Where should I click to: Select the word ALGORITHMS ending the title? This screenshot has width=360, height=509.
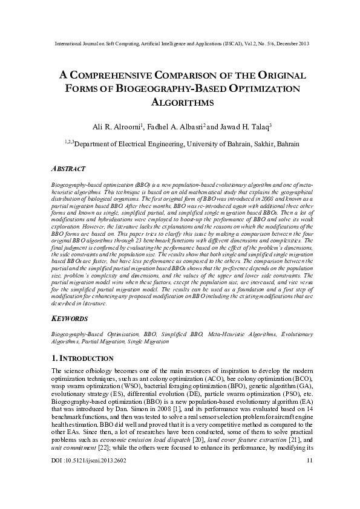[x=180, y=103]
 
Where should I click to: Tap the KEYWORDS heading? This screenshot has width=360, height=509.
[x=70, y=318]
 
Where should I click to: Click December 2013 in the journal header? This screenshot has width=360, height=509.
[x=289, y=44]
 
